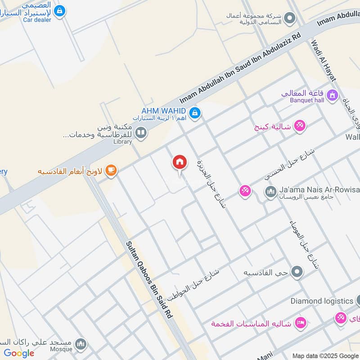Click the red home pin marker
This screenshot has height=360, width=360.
180,162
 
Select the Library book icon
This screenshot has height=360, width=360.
141,133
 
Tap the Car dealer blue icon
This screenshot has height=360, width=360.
59,10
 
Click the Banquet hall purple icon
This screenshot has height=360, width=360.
332,95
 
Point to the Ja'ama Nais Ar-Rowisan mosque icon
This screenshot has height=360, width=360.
270,193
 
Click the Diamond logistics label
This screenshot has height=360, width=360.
321,301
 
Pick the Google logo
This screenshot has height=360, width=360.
19,353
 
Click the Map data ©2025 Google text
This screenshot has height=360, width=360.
325,355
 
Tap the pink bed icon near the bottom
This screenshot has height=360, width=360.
300,322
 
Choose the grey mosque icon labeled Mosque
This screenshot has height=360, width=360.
81,344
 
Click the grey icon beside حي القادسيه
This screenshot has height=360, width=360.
297,272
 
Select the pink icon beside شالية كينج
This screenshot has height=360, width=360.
300,126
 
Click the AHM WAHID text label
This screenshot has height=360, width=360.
163,110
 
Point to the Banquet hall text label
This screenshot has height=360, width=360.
307,100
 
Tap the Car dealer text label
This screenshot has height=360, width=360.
37,20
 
